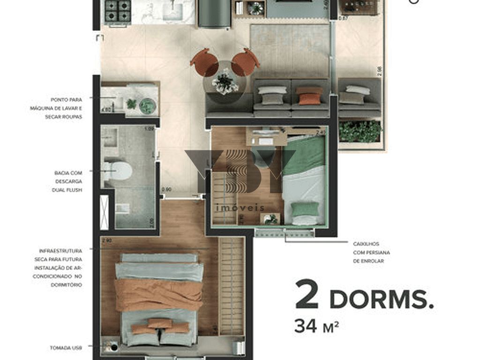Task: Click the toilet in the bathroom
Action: click(x=119, y=170)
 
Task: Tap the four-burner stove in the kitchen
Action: click(x=117, y=11)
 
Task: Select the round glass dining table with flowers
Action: click(x=225, y=83)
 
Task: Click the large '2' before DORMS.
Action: click(x=307, y=295)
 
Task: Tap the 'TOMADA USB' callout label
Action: click(x=66, y=348)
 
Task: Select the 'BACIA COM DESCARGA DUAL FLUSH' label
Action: click(x=68, y=181)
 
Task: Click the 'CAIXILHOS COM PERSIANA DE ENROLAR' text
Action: click(x=371, y=252)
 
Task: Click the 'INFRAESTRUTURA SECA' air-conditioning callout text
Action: click(x=61, y=268)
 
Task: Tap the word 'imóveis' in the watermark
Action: click(x=240, y=208)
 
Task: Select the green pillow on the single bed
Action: click(x=305, y=209)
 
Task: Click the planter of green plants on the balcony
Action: click(x=360, y=132)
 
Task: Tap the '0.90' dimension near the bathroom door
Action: click(x=166, y=189)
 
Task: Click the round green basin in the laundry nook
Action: click(x=147, y=106)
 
